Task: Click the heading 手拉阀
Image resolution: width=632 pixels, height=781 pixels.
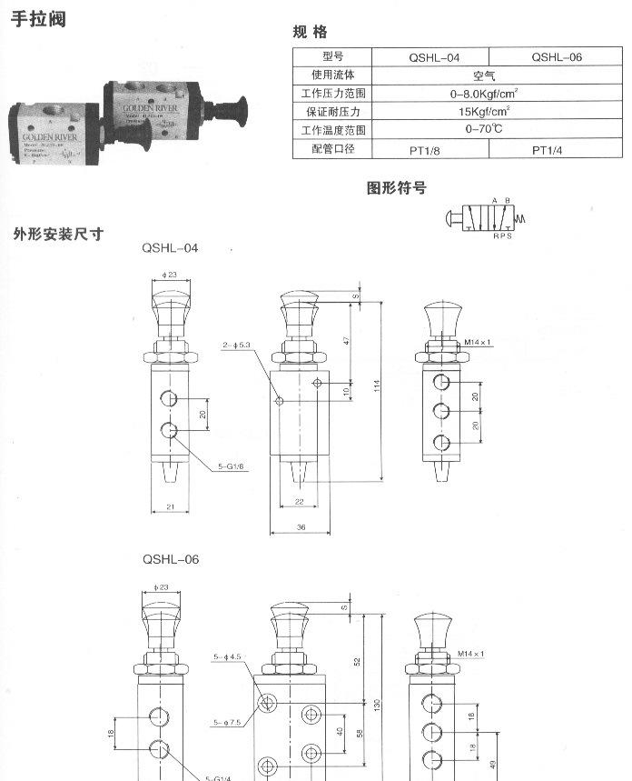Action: (x=38, y=18)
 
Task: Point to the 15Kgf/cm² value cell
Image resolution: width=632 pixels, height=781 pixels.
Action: (x=489, y=112)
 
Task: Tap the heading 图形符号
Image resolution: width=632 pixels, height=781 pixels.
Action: (x=396, y=188)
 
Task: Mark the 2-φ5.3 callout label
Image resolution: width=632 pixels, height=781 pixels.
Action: (x=235, y=345)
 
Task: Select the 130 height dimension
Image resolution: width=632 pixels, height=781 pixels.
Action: (x=375, y=701)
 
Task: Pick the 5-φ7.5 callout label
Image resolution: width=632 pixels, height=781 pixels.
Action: (x=226, y=723)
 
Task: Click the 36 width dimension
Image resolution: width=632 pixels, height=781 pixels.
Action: (x=300, y=526)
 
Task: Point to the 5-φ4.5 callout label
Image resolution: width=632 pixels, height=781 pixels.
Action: (x=226, y=656)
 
